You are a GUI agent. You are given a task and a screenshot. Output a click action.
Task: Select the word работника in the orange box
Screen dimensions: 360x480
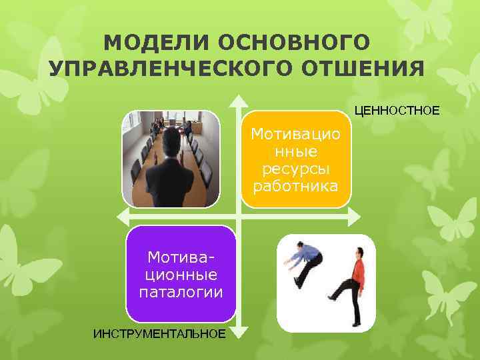(295, 184)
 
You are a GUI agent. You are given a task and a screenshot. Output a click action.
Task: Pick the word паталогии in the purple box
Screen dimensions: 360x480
(181, 291)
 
